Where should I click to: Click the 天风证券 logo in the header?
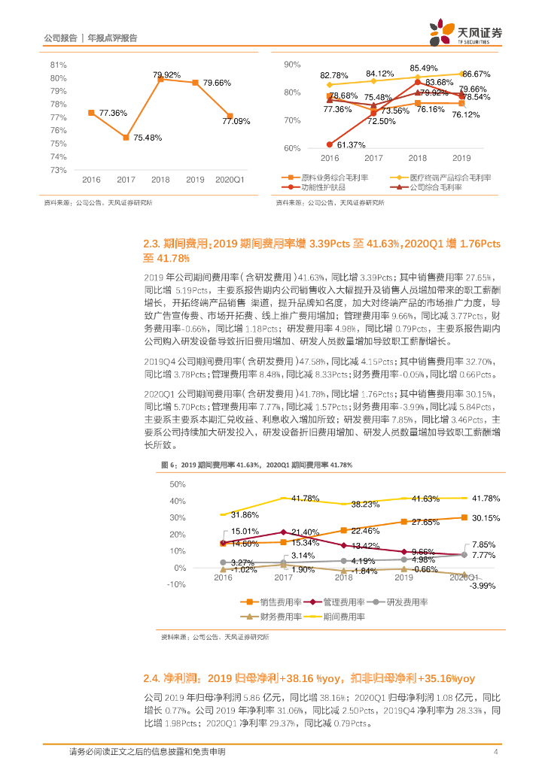pyautogui.click(x=465, y=34)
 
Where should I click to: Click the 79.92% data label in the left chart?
pyautogui.click(x=166, y=75)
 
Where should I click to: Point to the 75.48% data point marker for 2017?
pyautogui.click(x=126, y=137)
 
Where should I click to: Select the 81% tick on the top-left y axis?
pyautogui.click(x=57, y=65)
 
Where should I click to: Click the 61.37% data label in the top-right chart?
pyautogui.click(x=352, y=144)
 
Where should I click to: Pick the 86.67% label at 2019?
pyautogui.click(x=476, y=74)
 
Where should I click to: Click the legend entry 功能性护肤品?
pyautogui.click(x=312, y=188)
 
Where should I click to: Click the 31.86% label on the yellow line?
pyautogui.click(x=245, y=514)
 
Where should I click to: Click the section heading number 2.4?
pyautogui.click(x=154, y=678)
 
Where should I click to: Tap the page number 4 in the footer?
pyautogui.click(x=495, y=752)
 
